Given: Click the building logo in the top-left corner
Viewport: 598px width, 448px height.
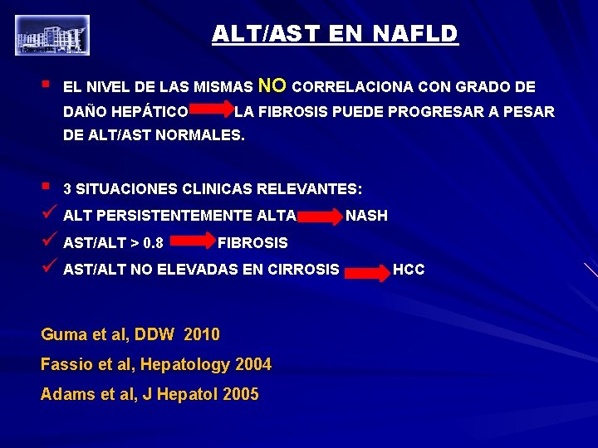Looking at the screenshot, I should (x=51, y=35).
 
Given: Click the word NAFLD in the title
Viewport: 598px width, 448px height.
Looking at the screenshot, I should (x=414, y=34).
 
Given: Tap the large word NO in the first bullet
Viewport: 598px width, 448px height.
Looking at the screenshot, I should (x=273, y=85).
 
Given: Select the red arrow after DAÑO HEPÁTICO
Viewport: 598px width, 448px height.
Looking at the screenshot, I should (x=212, y=110).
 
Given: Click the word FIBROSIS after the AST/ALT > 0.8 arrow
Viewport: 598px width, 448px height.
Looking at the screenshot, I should (x=252, y=243).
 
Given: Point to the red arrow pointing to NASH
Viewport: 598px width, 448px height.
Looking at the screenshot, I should (x=320, y=217).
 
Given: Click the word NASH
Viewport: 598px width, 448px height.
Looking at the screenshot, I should (x=366, y=216).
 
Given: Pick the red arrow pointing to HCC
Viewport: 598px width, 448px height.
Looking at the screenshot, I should (x=367, y=271).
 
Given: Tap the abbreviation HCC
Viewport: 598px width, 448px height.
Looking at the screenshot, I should (x=409, y=270).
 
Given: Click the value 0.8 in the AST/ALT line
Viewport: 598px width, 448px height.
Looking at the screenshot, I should (x=153, y=244).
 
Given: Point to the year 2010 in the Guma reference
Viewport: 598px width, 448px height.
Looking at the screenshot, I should (x=201, y=335).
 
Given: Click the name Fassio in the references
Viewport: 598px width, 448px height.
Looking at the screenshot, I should (x=62, y=365).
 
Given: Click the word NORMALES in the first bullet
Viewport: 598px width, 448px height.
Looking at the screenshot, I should (x=205, y=134).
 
